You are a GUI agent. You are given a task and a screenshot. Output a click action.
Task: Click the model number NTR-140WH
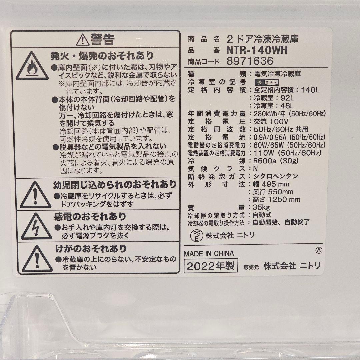[x=256, y=50]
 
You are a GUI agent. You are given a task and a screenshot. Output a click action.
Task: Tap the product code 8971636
[x=250, y=61]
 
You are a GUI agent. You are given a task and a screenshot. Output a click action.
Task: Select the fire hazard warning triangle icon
[x=32, y=66]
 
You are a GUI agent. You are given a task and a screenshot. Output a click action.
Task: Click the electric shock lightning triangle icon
[x=36, y=226]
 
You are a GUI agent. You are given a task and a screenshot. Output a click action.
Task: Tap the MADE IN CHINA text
[x=209, y=254]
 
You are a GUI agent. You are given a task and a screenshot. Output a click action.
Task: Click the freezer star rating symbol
[x=266, y=82]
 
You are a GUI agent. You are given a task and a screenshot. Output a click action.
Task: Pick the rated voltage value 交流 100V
[x=271, y=121]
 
